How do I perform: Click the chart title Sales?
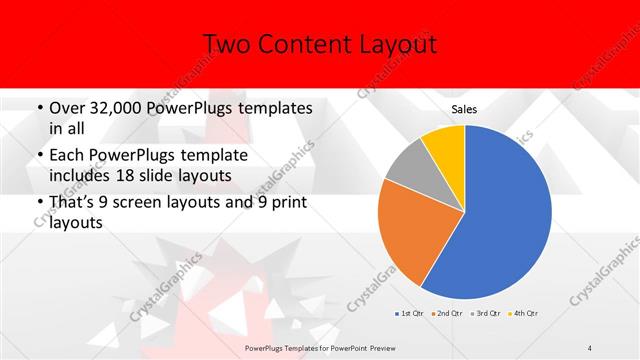(465, 109)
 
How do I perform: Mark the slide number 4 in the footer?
(590, 348)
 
